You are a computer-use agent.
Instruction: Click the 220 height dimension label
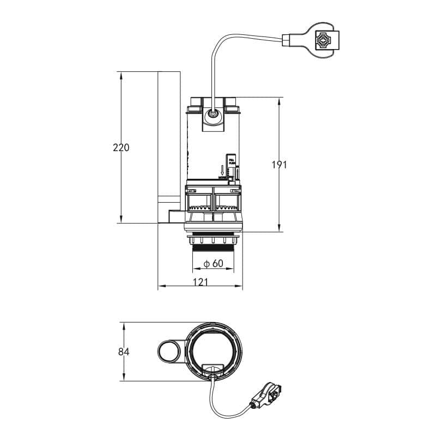click(121, 147)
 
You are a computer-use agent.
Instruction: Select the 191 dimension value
click(278, 165)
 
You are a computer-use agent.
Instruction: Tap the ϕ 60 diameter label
click(214, 264)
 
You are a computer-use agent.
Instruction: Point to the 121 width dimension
click(201, 282)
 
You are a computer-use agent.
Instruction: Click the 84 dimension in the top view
click(124, 352)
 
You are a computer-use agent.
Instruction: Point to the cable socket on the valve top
click(212, 115)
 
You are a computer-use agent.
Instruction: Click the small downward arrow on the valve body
click(222, 170)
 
